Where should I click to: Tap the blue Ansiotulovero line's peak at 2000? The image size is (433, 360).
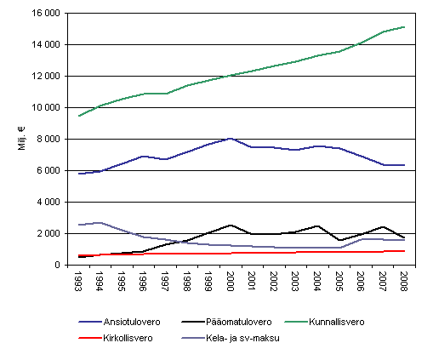pyautogui.click(x=231, y=138)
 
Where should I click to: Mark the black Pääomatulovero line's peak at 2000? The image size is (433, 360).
pyautogui.click(x=231, y=225)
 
